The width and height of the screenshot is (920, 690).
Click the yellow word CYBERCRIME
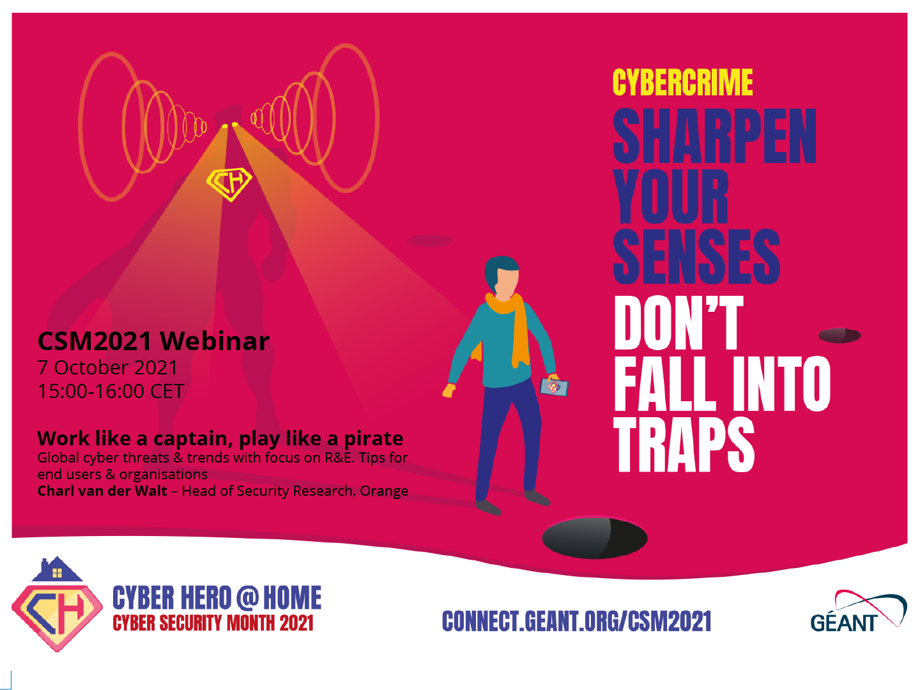[682, 82]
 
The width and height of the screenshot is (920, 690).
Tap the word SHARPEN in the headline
[715, 135]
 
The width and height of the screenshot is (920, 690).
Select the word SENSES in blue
[696, 256]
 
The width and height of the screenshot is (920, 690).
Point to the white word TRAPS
[684, 445]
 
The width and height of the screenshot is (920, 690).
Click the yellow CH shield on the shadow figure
[229, 184]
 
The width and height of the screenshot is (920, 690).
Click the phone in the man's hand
[554, 387]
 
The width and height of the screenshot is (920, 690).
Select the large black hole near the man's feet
[594, 538]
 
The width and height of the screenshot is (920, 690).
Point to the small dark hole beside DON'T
[839, 335]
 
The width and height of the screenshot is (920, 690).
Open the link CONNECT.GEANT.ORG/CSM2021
[577, 621]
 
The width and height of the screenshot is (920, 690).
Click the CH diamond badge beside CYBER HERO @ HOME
[57, 617]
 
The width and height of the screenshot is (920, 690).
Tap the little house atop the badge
[57, 569]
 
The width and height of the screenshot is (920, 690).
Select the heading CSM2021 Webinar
[153, 341]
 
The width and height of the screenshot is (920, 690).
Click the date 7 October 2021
[108, 368]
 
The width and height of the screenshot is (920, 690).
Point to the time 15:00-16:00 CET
[111, 391]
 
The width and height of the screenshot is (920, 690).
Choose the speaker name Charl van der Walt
[102, 491]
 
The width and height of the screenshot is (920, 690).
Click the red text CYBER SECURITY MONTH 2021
[213, 623]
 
